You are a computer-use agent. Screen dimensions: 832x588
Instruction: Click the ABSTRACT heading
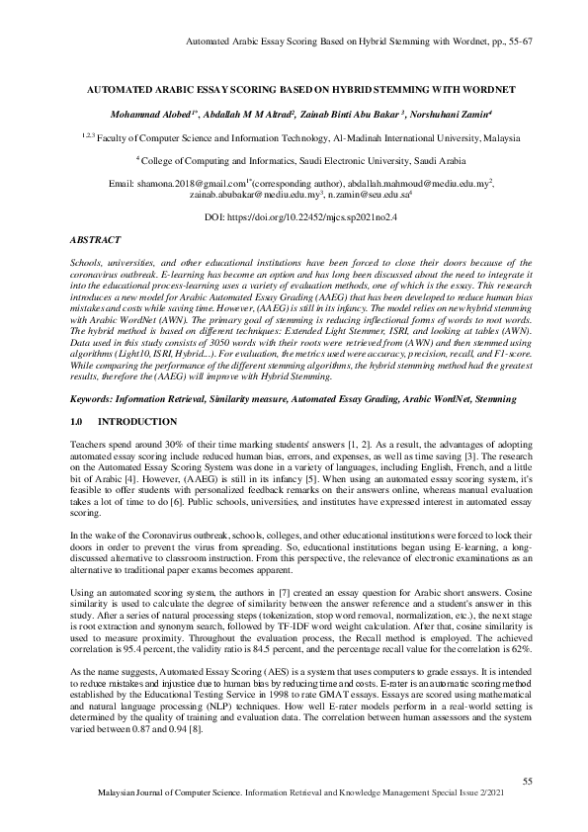pyautogui.click(x=96, y=240)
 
